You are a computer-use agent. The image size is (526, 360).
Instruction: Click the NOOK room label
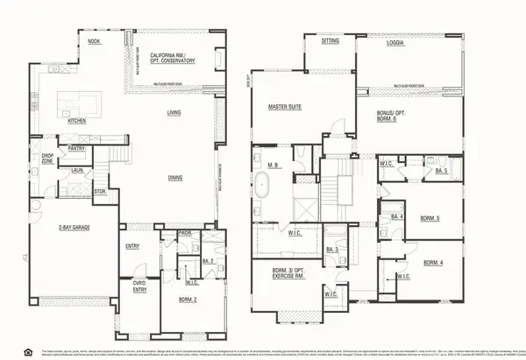pyautogui.click(x=94, y=40)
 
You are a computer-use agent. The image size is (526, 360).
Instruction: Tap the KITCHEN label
pyautogui.click(x=76, y=121)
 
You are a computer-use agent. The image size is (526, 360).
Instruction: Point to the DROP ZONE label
pyautogui.click(x=48, y=159)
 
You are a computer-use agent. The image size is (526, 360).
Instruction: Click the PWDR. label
pyautogui.click(x=185, y=234)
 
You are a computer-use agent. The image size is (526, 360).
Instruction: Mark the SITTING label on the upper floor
pyautogui.click(x=331, y=41)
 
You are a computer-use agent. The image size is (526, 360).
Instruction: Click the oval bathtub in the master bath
pyautogui.click(x=264, y=185)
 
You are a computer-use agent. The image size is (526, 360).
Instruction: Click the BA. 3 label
pyautogui.click(x=332, y=250)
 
